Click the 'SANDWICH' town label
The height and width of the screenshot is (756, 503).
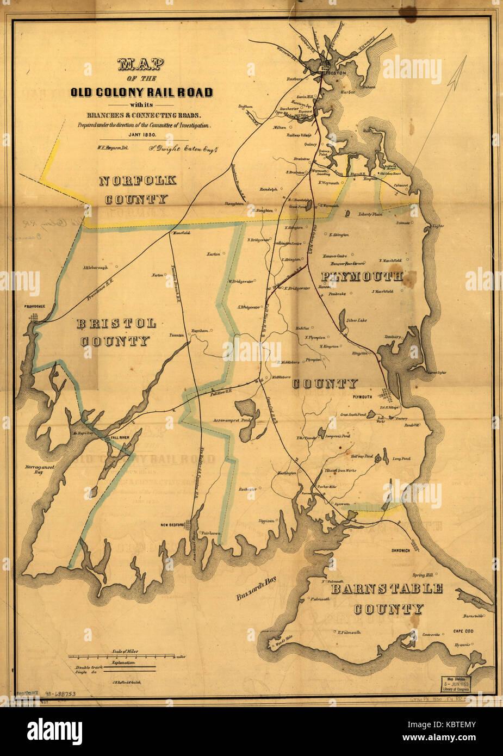tap(400, 551)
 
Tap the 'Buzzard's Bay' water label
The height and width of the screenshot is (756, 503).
tap(256, 589)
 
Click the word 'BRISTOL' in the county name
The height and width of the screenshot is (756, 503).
tap(116, 323)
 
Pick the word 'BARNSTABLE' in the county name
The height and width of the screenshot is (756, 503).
tap(387, 588)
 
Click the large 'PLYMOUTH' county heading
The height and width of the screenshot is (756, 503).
tap(362, 276)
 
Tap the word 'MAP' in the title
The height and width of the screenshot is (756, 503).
tap(141, 65)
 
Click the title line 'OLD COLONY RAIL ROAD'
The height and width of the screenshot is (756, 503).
tap(141, 92)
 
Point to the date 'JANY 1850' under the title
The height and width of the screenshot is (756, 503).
tap(142, 134)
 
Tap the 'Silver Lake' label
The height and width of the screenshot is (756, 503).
tap(356, 320)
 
